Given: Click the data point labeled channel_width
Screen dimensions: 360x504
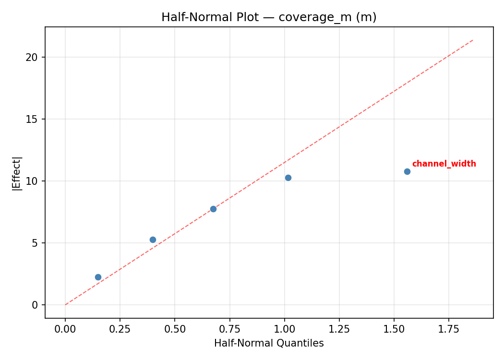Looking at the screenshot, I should pyautogui.click(x=407, y=171).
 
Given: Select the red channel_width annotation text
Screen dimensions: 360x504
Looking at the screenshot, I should pyautogui.click(x=444, y=164).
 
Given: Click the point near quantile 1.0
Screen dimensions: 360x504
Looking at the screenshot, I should pyautogui.click(x=288, y=178).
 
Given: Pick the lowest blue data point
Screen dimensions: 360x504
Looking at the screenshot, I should pyautogui.click(x=98, y=277).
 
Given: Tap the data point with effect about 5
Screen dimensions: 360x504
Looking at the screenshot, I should pyautogui.click(x=153, y=240).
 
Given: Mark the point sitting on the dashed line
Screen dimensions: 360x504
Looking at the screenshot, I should pyautogui.click(x=213, y=209).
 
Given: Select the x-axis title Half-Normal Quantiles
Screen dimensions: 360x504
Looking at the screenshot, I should pyautogui.click(x=269, y=343).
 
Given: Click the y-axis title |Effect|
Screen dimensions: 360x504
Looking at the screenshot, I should pyautogui.click(x=17, y=173).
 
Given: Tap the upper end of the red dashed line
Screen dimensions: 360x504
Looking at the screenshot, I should pyautogui.click(x=473, y=40).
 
